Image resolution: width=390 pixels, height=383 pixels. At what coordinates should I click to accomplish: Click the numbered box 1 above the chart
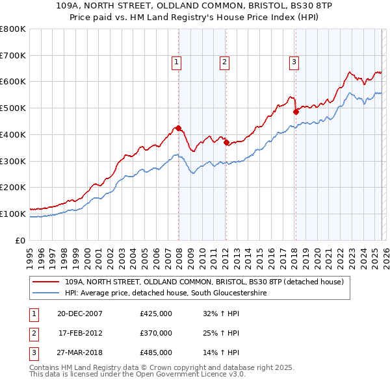pyautogui.click(x=176, y=62)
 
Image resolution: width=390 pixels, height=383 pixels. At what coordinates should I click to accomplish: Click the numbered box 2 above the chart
pyautogui.click(x=224, y=62)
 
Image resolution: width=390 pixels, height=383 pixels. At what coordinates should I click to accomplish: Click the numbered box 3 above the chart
pyautogui.click(x=294, y=62)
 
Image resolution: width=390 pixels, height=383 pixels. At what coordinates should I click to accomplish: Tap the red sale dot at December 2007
pyautogui.click(x=178, y=128)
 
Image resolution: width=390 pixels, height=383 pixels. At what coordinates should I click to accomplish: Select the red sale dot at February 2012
pyautogui.click(x=226, y=143)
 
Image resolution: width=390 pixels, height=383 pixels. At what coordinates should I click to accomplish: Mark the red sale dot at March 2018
pyautogui.click(x=296, y=112)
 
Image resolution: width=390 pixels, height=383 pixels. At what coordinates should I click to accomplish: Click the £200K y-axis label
pyautogui.click(x=13, y=187)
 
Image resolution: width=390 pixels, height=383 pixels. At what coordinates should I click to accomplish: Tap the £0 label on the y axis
pyautogui.click(x=21, y=240)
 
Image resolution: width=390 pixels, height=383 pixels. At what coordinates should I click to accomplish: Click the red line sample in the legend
pyautogui.click(x=46, y=282)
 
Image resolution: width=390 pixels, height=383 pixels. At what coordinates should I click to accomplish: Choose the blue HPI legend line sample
pyautogui.click(x=46, y=293)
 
